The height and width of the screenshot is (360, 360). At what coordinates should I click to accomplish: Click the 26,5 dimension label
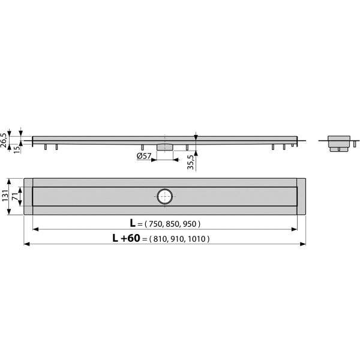tap(4, 140)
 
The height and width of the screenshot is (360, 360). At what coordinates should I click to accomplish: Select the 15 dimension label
tap(17, 149)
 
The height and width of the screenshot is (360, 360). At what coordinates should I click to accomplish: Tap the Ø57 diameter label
tap(144, 156)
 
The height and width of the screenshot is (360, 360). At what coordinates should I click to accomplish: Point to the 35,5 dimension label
tap(190, 163)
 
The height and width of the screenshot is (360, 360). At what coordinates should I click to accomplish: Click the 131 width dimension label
tap(5, 196)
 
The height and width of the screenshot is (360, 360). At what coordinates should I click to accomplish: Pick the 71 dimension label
tap(14, 196)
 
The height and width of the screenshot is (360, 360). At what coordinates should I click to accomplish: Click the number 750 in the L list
tap(156, 224)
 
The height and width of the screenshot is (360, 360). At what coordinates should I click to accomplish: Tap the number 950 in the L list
tap(190, 224)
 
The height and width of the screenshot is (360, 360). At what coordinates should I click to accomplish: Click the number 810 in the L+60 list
tap(160, 239)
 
